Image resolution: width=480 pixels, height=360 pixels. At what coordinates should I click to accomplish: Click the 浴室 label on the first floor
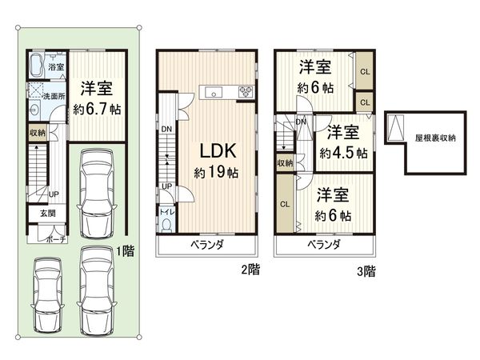pyautogui.click(x=55, y=68)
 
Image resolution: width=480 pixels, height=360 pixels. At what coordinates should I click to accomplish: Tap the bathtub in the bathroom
pyautogui.click(x=37, y=66)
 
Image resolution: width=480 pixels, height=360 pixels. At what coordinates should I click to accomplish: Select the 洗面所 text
pyautogui.click(x=54, y=96)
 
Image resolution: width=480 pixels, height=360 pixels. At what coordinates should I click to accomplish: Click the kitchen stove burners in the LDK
pyautogui.click(x=245, y=91)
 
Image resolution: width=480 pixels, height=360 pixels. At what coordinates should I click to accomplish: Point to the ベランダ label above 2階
pyautogui.click(x=207, y=244)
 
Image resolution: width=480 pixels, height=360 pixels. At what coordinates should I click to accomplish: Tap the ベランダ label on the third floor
pyautogui.click(x=324, y=244)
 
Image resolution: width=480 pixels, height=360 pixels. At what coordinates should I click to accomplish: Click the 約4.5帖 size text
pyautogui.click(x=344, y=152)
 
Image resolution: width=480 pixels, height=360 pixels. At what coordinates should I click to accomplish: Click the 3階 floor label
pyautogui.click(x=366, y=271)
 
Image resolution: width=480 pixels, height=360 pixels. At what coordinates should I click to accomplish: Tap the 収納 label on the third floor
pyautogui.click(x=286, y=163)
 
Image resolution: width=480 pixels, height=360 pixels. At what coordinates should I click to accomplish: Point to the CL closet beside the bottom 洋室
pyautogui.click(x=285, y=204)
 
